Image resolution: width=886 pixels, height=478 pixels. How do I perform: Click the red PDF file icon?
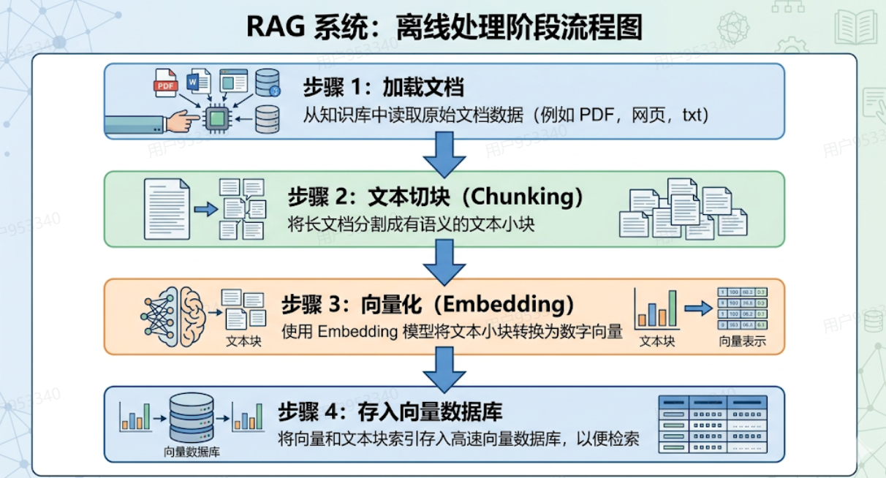coord(165,83)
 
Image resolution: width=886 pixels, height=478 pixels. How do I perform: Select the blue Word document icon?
coord(199,81)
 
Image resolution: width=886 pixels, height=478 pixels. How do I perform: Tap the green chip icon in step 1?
coord(216,118)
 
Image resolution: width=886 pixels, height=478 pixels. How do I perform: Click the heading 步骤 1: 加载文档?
coord(383,86)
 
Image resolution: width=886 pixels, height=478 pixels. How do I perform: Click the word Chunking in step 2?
coord(522,197)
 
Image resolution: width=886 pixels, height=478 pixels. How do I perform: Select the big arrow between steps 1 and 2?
coord(444,155)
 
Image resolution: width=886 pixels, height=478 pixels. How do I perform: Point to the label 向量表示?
coord(742,341)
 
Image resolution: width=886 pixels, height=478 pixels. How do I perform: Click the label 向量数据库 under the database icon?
coord(192,452)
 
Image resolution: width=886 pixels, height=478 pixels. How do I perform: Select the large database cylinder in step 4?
coord(192,417)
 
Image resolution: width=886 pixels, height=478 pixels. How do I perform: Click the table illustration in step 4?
coord(713,424)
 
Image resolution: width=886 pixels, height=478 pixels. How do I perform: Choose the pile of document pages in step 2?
coord(683,209)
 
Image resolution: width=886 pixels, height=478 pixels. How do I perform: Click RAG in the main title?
coord(276,27)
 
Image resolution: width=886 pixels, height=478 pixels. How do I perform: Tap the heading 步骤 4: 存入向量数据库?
coord(390,411)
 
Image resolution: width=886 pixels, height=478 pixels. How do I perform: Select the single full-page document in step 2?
coord(167,209)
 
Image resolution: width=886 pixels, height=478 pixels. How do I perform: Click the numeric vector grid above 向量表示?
coord(743,308)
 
